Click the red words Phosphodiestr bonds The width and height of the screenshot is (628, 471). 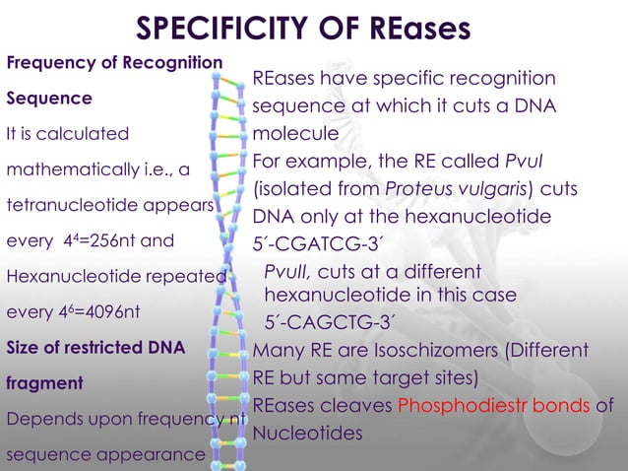(x=520, y=405)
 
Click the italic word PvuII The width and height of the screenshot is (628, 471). (x=286, y=271)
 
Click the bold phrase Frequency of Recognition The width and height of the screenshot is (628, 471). (x=114, y=63)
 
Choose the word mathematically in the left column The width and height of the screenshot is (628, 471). (x=67, y=168)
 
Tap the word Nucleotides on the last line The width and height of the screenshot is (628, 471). (x=308, y=433)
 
